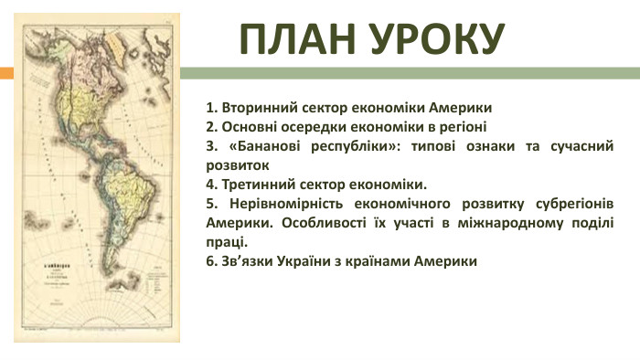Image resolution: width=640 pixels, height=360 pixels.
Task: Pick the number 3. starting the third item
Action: (x=212, y=146)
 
